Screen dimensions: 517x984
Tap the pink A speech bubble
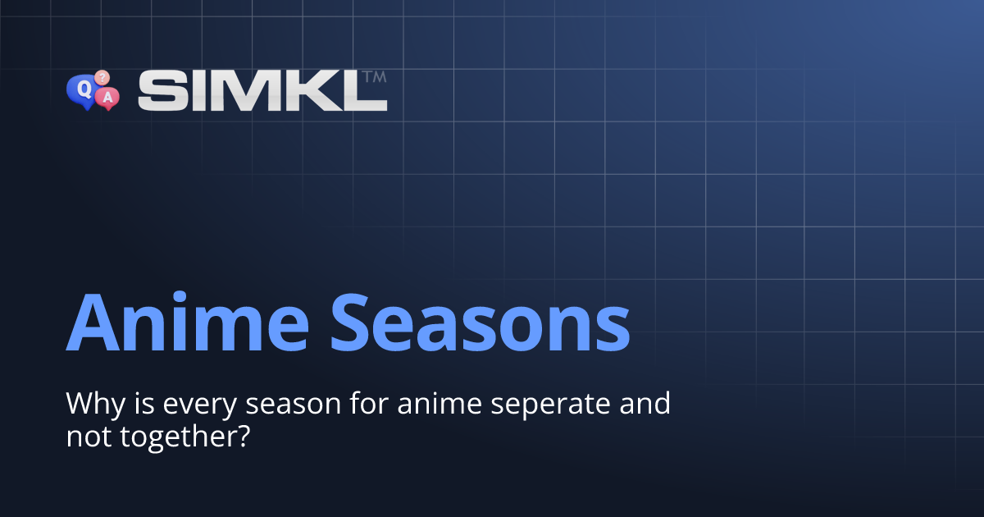coord(107,98)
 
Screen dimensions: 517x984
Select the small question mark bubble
coord(102,77)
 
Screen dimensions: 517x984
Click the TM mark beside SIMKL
coord(374,76)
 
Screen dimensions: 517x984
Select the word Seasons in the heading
coord(481,319)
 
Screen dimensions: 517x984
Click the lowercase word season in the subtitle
coord(270,405)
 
